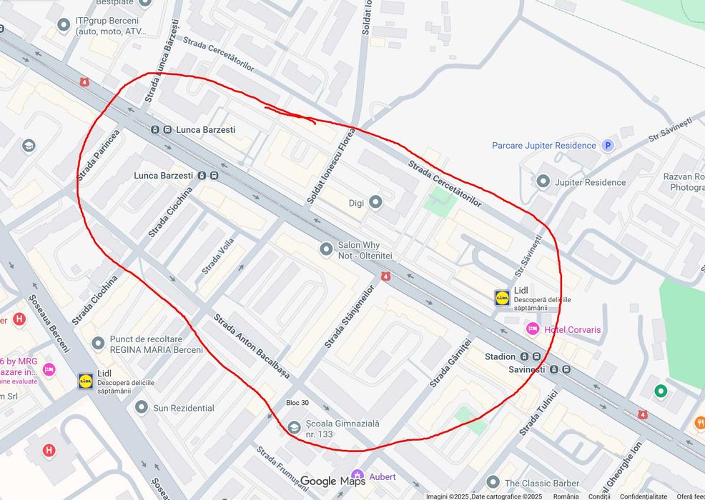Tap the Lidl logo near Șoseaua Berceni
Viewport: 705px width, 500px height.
[86, 381]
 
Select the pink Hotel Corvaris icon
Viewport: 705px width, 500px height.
[532, 329]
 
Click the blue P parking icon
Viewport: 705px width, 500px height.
[608, 145]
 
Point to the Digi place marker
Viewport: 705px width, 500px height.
[375, 203]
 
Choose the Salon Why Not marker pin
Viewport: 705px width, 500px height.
[326, 249]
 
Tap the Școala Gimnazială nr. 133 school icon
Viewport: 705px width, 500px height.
[294, 427]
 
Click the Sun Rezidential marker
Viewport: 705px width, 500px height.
[142, 408]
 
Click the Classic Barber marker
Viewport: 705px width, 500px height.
[493, 483]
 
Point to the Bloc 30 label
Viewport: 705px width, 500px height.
[297, 403]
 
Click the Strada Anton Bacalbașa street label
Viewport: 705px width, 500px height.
[252, 346]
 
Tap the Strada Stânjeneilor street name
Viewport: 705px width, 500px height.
[349, 316]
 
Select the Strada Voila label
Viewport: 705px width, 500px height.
[217, 256]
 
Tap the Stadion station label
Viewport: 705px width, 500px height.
[500, 356]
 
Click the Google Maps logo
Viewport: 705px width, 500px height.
[332, 481]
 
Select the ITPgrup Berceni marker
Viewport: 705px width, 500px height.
[64, 26]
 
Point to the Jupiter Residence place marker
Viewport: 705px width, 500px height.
[543, 181]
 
